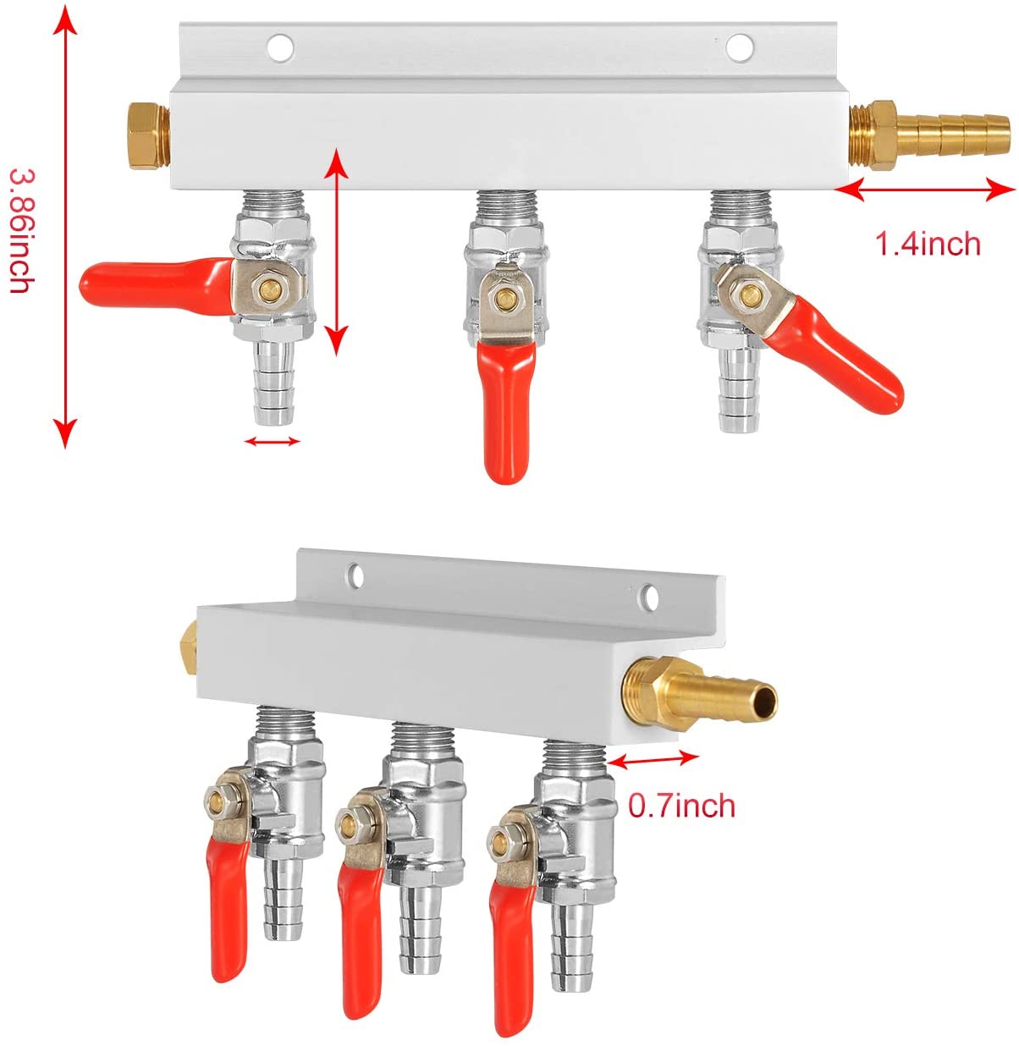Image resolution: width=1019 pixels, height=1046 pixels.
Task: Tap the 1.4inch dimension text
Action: click(928, 244)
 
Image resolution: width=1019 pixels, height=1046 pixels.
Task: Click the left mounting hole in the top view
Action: click(280, 47)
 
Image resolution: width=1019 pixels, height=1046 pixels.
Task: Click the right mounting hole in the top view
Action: click(739, 47)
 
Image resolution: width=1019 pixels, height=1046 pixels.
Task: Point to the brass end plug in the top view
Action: click(149, 136)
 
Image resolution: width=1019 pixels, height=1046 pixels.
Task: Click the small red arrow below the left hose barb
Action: click(272, 441)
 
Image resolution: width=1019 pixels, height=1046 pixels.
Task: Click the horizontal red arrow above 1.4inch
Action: click(925, 190)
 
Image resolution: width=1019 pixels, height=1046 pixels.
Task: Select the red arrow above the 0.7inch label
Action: click(653, 759)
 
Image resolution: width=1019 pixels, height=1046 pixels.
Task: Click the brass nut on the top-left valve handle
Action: click(269, 287)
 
